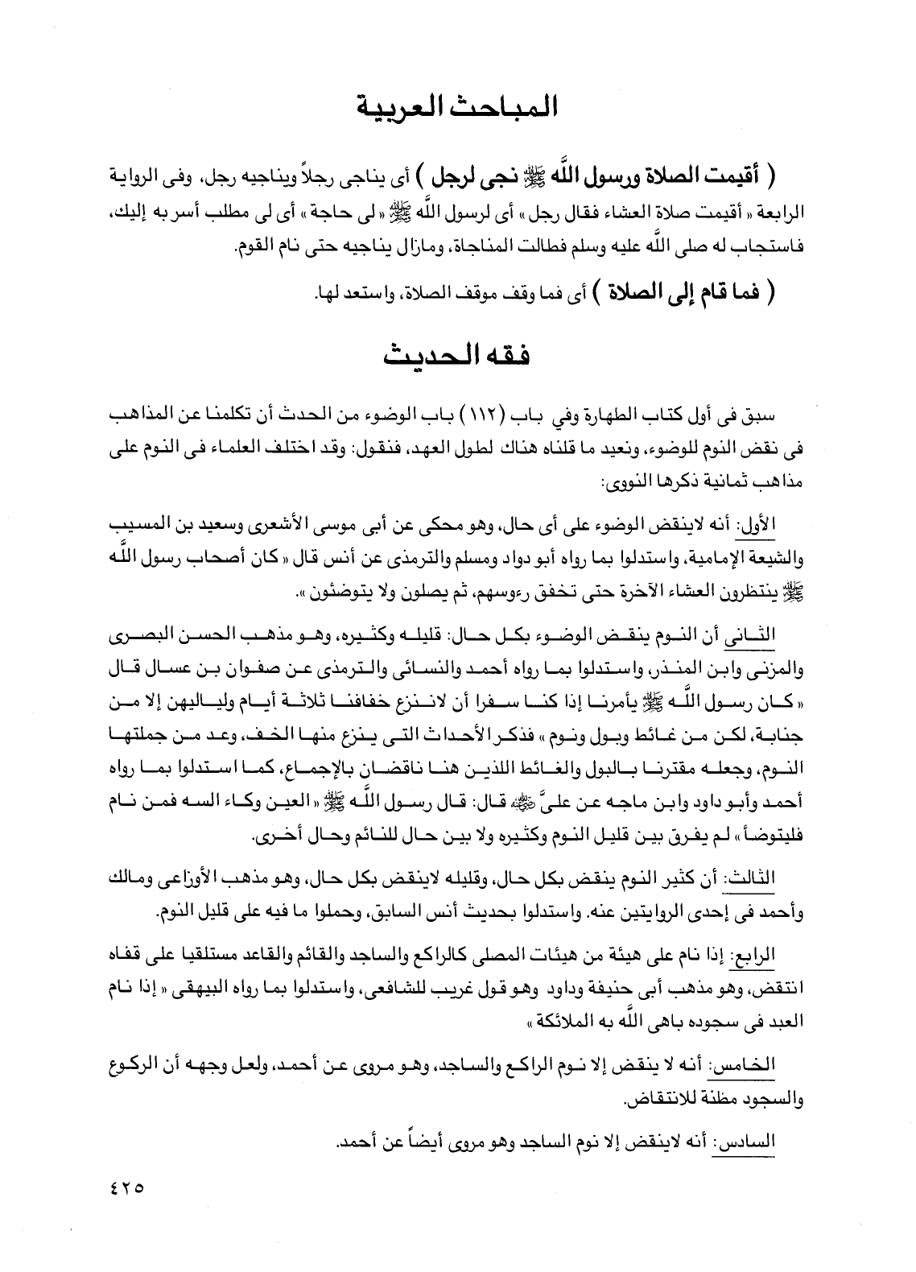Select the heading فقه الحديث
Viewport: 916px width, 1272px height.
457,356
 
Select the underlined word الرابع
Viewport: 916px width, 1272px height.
784,956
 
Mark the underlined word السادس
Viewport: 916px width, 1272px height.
779,1141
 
